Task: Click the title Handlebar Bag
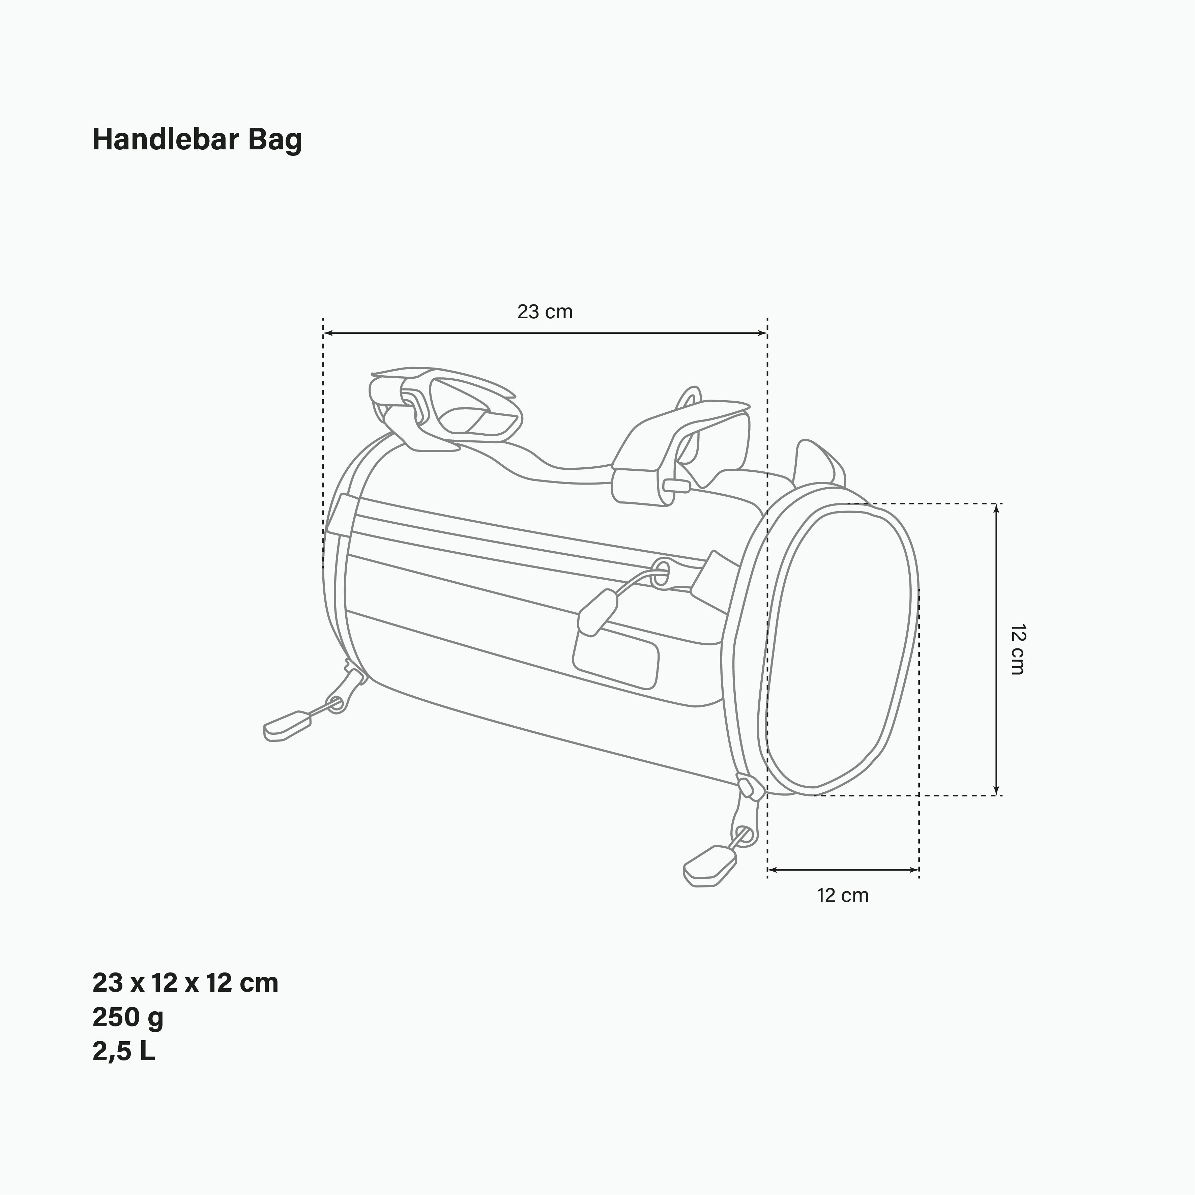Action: click(x=197, y=140)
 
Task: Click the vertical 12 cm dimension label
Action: click(x=1018, y=649)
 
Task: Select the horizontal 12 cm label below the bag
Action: click(x=842, y=896)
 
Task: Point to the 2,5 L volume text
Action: click(x=124, y=1051)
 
